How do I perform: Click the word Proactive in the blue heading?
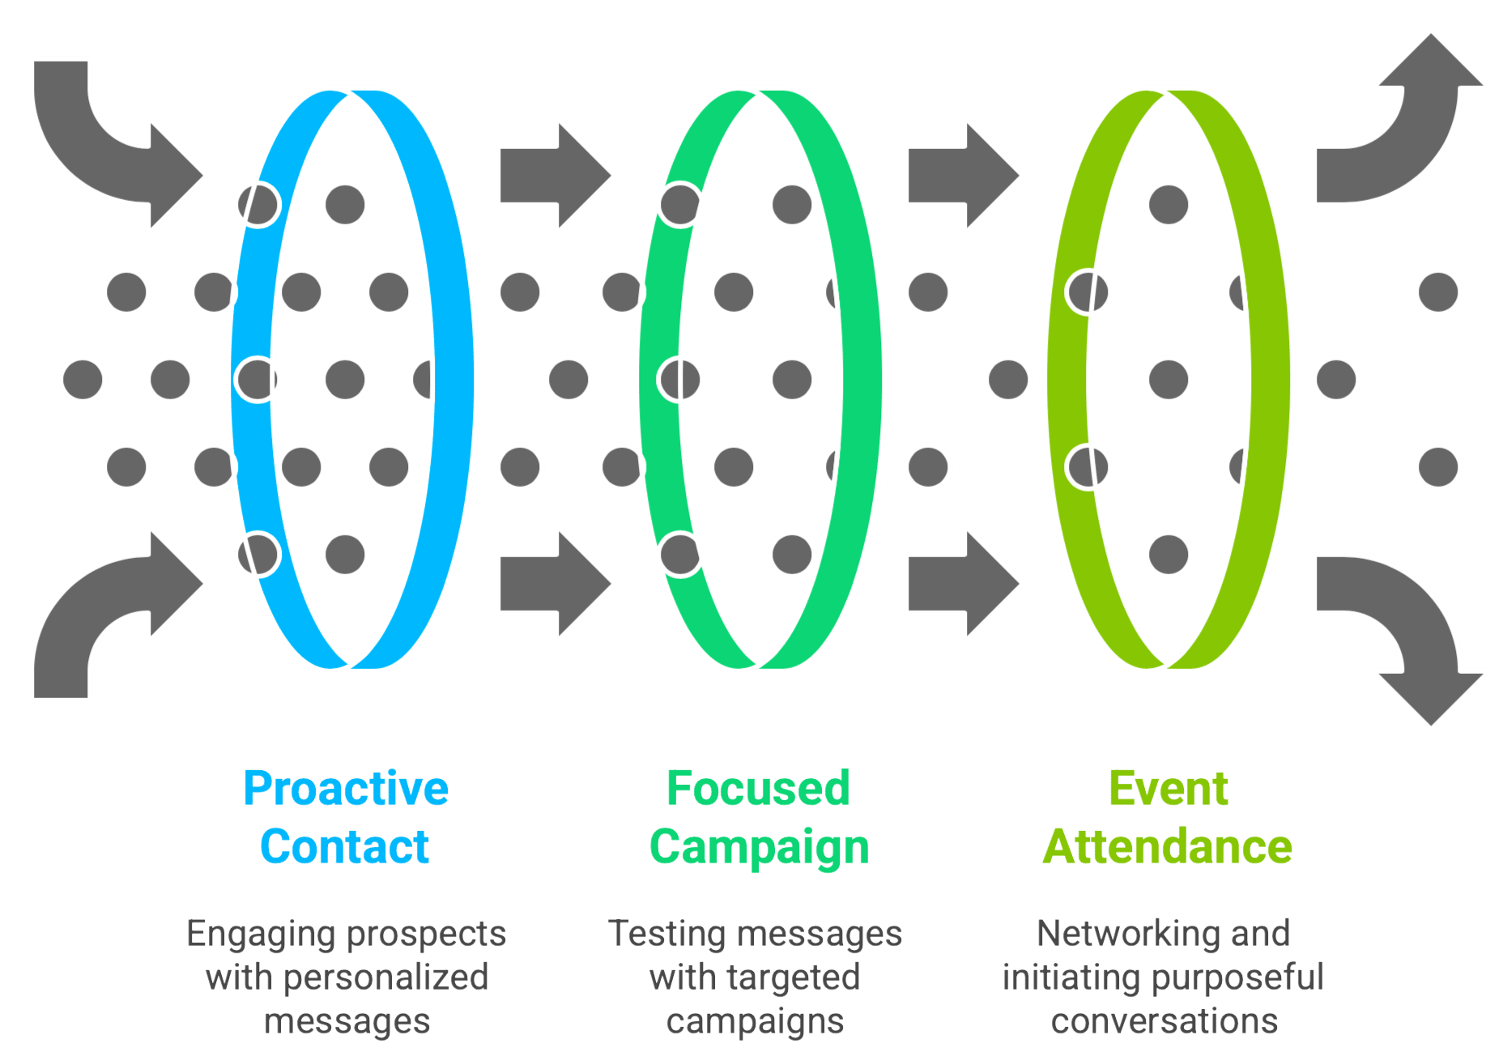[x=346, y=789]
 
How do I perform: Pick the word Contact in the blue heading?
[x=345, y=847]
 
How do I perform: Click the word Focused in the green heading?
[x=758, y=789]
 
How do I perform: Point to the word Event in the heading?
[x=1168, y=789]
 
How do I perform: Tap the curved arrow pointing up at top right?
[x=1409, y=138]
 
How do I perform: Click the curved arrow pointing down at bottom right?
[x=1409, y=624]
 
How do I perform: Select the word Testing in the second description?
[x=655, y=934]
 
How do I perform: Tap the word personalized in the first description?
[x=386, y=977]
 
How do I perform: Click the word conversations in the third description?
[x=1165, y=1021]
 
